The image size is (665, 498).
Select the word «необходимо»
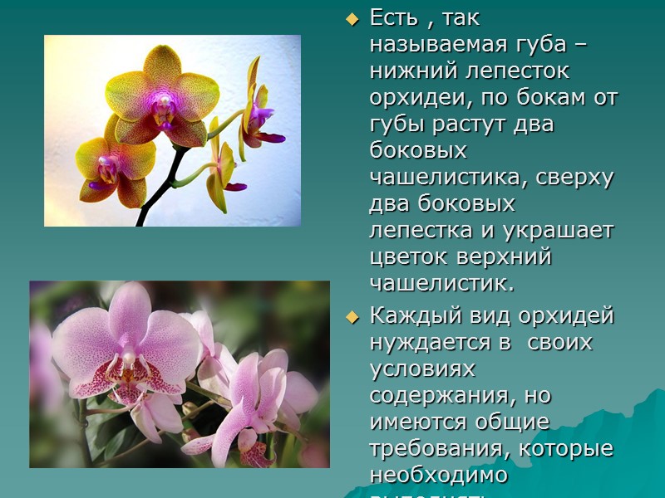point(438,475)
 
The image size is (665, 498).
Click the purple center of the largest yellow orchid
point(163,104)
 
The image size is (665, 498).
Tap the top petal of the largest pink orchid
point(130,310)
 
